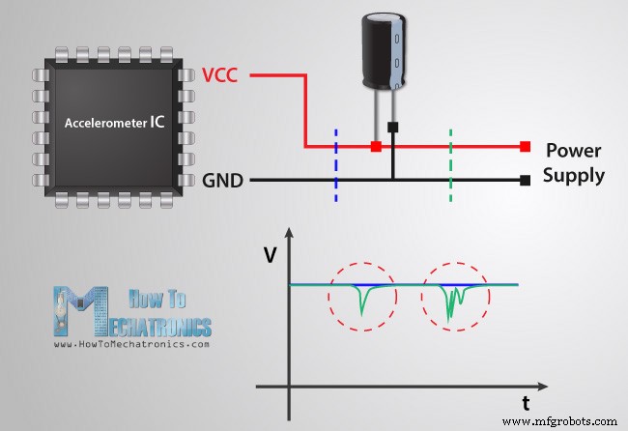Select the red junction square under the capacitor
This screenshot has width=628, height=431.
click(x=375, y=147)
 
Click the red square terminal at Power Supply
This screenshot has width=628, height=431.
click(x=524, y=147)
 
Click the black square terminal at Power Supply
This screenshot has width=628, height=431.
click(x=524, y=180)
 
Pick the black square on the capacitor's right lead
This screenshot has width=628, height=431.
click(x=392, y=126)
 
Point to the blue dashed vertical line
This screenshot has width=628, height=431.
click(x=335, y=158)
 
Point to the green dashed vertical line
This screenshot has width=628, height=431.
click(x=449, y=158)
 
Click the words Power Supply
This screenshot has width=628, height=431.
click(x=574, y=163)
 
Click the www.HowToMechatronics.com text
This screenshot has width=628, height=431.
click(x=132, y=344)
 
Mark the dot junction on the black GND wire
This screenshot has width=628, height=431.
click(x=392, y=180)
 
